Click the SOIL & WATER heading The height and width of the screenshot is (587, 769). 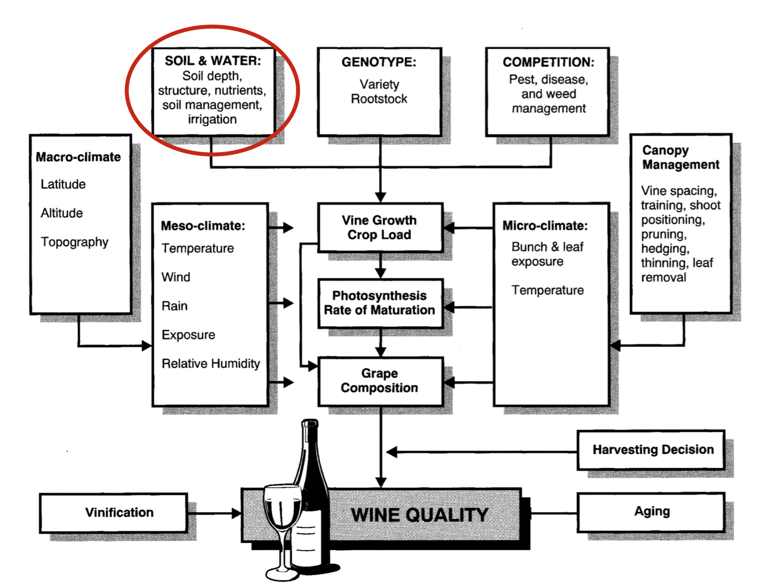coord(213,61)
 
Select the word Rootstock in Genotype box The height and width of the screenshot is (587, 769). coord(379,99)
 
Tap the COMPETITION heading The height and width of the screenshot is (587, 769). coord(548,62)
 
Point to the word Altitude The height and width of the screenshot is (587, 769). coord(62,213)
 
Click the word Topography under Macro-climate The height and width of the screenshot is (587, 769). coord(75,242)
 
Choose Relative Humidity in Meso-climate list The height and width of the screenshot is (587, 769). coord(211,364)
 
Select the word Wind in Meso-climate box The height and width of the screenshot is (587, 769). coord(176,277)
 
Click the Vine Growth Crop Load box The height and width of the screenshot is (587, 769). coord(379,227)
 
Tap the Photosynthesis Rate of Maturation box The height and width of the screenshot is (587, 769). coord(379,303)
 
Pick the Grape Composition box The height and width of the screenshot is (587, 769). coord(379,380)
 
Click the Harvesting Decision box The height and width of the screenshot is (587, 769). coord(652,450)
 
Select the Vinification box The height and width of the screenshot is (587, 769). coord(119,512)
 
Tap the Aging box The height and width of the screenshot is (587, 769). coord(651,511)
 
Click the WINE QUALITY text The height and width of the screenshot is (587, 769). coord(419,515)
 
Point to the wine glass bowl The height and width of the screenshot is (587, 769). coord(282,509)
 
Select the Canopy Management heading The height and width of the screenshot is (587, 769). coord(680,157)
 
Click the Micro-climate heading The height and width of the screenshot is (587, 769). coord(545,226)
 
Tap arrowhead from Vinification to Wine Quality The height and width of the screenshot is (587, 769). coord(236,513)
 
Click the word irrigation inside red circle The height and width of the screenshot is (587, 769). coord(212,120)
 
